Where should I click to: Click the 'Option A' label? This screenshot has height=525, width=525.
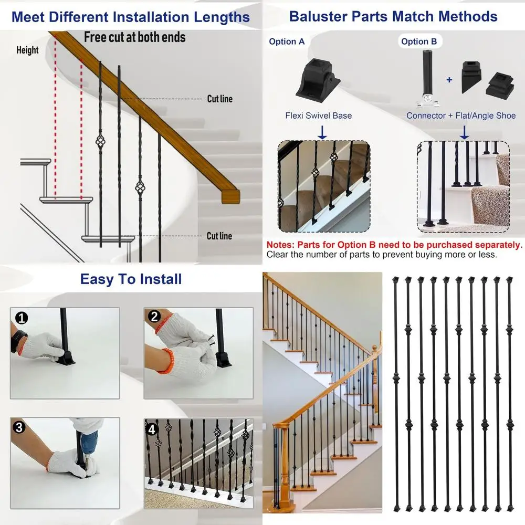click(x=287, y=41)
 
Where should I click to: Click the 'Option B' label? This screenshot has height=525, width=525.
click(x=419, y=41)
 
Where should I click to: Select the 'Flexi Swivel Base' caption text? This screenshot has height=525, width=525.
click(x=319, y=115)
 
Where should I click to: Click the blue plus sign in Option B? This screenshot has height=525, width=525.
click(x=449, y=80)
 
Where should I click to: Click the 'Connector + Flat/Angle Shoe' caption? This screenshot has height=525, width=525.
click(x=461, y=115)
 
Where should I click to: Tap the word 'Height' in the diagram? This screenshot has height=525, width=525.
click(x=27, y=50)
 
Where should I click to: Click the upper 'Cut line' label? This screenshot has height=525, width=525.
click(x=219, y=99)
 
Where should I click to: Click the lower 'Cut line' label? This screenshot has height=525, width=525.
click(x=219, y=236)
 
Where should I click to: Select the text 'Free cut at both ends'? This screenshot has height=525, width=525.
click(x=135, y=37)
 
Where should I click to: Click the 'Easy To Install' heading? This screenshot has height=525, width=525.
click(x=131, y=279)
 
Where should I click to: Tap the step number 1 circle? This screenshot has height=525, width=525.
click(x=22, y=318)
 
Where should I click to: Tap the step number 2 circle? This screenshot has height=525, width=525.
click(x=154, y=317)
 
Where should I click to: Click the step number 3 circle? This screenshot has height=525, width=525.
click(x=19, y=427)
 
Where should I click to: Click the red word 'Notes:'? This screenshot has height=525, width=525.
click(x=281, y=245)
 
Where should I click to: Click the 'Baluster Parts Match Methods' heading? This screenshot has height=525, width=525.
click(x=393, y=16)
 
